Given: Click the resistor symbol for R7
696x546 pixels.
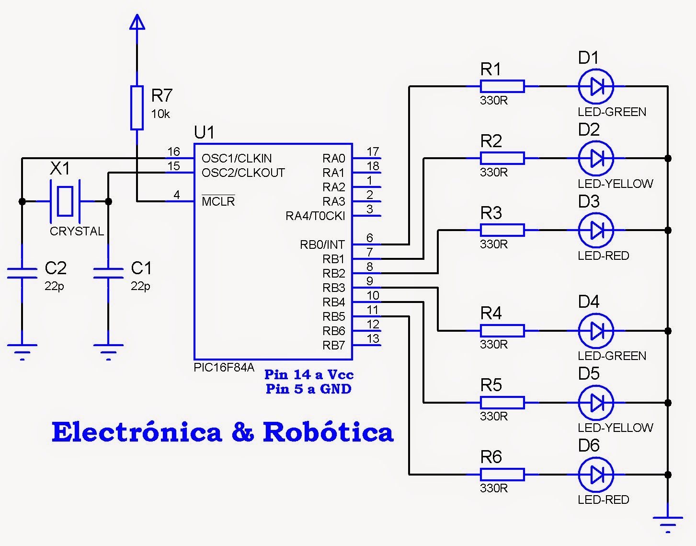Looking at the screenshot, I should click(137, 108).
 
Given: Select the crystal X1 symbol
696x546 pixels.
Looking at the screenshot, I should click(65, 201).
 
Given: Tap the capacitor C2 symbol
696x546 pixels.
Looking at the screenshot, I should click(22, 273).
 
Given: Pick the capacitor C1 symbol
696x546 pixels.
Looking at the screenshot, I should click(108, 273).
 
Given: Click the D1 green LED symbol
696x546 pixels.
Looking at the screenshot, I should click(596, 86).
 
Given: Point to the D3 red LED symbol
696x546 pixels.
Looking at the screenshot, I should click(596, 230).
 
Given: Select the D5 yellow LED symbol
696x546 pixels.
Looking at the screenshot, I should click(596, 403).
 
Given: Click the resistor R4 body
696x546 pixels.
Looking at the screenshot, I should click(502, 331).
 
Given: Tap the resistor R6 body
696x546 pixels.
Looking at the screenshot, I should click(502, 475).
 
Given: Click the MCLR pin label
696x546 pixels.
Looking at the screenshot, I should click(218, 202).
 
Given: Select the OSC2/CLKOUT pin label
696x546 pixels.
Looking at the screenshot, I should click(243, 173).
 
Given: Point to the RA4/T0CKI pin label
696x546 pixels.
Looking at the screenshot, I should click(315, 216).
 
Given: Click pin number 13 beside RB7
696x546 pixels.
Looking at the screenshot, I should click(373, 339).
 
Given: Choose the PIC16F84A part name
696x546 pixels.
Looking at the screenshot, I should click(224, 368).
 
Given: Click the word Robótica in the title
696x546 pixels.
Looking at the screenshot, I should click(328, 432).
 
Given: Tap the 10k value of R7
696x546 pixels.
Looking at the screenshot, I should click(160, 114).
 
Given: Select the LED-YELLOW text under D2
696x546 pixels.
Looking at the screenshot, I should click(615, 184).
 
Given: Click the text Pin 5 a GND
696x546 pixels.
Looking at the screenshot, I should click(308, 389).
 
